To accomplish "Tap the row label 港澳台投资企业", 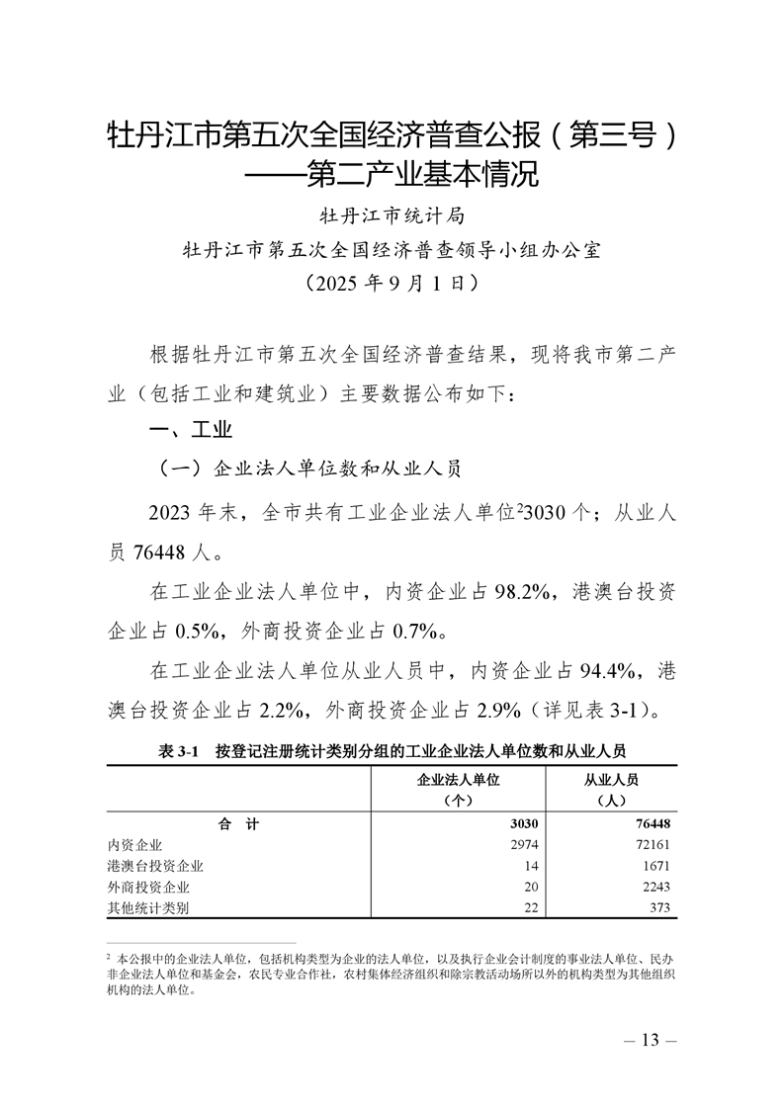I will [156, 866].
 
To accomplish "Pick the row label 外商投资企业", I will [149, 887].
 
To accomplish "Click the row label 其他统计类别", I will [149, 907].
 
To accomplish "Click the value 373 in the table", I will [659, 907].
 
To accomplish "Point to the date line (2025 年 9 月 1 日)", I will [392, 283].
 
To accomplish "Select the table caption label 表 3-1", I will [179, 750].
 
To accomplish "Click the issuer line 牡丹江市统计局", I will [392, 213].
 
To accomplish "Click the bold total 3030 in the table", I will [520, 824].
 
